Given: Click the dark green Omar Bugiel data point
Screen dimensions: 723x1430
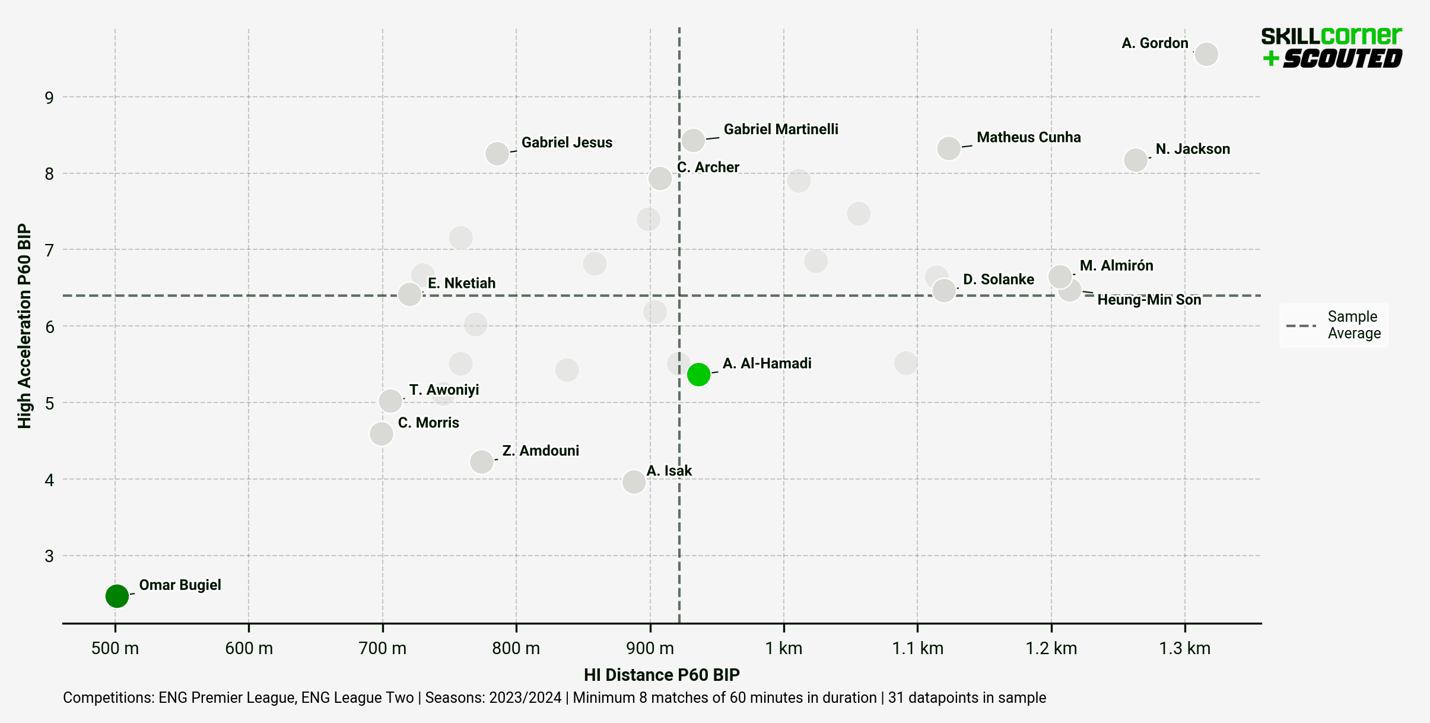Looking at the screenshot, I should (x=117, y=595).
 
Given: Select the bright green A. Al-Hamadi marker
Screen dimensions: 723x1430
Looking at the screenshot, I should (x=698, y=375).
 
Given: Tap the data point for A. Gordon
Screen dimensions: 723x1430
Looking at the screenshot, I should (x=1206, y=55).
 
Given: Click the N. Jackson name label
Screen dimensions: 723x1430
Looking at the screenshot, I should (x=1193, y=149).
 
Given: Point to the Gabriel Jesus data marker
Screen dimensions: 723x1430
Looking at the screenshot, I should (x=497, y=154).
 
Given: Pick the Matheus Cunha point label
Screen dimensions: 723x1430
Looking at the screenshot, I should (x=1028, y=137).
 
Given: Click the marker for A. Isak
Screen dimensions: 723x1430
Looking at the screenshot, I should (x=634, y=481).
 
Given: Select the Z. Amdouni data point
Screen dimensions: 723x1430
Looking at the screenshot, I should (x=482, y=461).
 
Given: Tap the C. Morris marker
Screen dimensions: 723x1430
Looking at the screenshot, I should (x=382, y=434).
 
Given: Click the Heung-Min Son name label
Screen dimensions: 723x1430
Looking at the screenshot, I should (x=1149, y=300).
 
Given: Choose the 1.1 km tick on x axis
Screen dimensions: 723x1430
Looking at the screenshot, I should (x=917, y=648).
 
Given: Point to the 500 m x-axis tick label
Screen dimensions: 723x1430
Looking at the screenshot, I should (x=115, y=648).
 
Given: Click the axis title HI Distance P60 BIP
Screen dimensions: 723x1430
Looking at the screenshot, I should (x=662, y=675).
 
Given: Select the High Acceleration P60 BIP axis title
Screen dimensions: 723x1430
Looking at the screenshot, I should (x=24, y=326).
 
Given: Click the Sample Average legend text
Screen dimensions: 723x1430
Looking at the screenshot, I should (x=1353, y=325).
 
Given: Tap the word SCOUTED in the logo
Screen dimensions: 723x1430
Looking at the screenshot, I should (x=1342, y=59).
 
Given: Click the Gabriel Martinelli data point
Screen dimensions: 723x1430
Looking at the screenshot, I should (x=693, y=141).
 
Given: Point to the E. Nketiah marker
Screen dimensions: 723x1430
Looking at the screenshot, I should (x=409, y=294).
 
